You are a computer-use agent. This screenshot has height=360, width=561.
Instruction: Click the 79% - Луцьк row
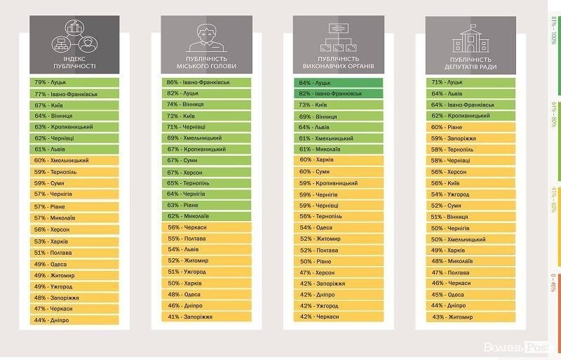coord(74,82)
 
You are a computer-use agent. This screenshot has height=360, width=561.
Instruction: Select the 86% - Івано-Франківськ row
coord(206,82)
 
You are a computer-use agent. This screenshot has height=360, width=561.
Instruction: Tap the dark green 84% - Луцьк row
coord(338,82)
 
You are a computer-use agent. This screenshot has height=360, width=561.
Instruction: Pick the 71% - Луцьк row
coord(471,82)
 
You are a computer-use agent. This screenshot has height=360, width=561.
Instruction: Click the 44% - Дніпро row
coord(74,320)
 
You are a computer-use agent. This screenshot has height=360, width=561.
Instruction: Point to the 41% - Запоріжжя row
coord(206,316)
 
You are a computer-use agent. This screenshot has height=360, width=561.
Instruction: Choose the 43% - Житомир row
coord(471,316)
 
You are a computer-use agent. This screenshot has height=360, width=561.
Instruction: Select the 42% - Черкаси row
coord(338,316)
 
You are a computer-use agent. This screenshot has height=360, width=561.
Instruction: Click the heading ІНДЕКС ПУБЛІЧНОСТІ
coord(74,62)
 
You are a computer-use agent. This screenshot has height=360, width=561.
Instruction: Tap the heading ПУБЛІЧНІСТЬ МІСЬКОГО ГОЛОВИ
coord(206,62)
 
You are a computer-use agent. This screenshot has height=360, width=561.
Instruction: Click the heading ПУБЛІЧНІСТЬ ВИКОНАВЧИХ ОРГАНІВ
coord(338,62)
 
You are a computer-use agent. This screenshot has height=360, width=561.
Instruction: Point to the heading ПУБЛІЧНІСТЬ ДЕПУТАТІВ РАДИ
coord(471,62)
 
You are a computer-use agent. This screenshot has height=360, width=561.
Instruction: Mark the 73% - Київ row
coord(338,105)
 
